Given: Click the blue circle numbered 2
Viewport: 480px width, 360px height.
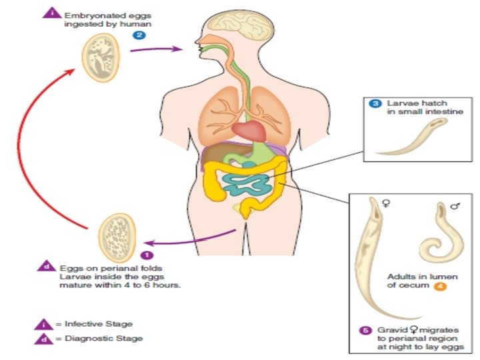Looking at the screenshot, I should tap(139, 35).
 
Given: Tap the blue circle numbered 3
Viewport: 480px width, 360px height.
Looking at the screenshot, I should tap(375, 104).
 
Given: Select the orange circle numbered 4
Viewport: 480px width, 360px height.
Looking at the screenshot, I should tap(440, 287).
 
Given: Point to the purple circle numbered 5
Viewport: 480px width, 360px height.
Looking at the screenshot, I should tap(365, 329).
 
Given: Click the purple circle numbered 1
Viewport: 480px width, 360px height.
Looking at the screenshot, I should tap(149, 254).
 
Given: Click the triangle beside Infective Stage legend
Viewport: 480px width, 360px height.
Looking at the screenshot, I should tap(41, 324).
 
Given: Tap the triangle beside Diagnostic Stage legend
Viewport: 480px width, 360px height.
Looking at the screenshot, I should tap(41, 338).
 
